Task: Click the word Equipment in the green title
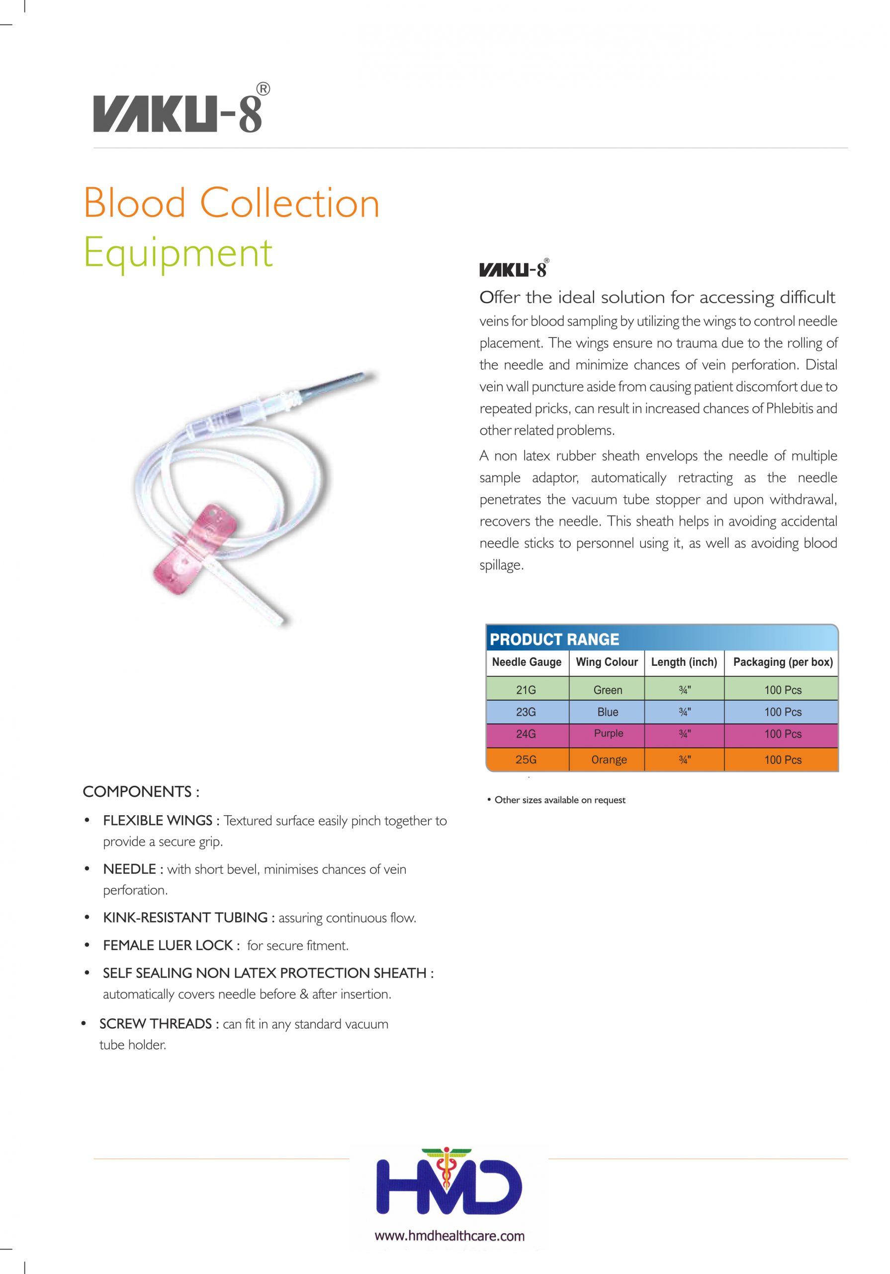178,252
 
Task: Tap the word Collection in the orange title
289,203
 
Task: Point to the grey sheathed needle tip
333,385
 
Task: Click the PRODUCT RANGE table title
554,639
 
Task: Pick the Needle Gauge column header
526,662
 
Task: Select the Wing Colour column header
607,662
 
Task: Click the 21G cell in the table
526,690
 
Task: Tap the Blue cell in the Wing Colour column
608,712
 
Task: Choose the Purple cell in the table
608,734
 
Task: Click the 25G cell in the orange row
526,759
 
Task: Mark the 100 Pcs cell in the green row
783,690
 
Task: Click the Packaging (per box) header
783,662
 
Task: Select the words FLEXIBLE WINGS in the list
158,821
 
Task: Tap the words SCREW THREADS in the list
155,1024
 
